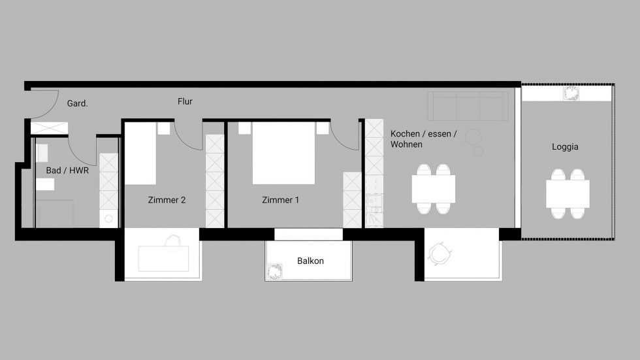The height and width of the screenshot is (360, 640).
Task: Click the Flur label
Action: tap(185, 101)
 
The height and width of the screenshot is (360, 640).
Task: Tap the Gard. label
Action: tap(78, 103)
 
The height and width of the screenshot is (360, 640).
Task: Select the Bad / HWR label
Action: tap(67, 171)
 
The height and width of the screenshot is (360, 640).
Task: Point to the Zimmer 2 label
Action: tap(167, 200)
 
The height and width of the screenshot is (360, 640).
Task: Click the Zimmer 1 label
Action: tap(280, 200)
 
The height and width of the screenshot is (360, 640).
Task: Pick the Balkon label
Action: tap(310, 261)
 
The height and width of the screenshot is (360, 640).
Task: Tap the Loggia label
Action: tap(565, 146)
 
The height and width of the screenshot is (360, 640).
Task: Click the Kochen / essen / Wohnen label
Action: tap(424, 139)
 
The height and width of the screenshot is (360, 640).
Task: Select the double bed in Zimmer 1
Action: tap(283, 153)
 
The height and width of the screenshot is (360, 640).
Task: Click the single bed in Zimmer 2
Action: tap(140, 154)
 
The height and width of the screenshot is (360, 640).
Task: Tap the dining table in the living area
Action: tap(434, 189)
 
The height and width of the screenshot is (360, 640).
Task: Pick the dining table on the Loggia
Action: tap(568, 194)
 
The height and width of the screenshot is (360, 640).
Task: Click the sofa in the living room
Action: tap(468, 106)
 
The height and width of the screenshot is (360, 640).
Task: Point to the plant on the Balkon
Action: tap(275, 271)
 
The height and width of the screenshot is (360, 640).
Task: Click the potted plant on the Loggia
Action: tap(571, 93)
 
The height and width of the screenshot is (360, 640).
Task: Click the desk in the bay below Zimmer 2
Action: tap(163, 259)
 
